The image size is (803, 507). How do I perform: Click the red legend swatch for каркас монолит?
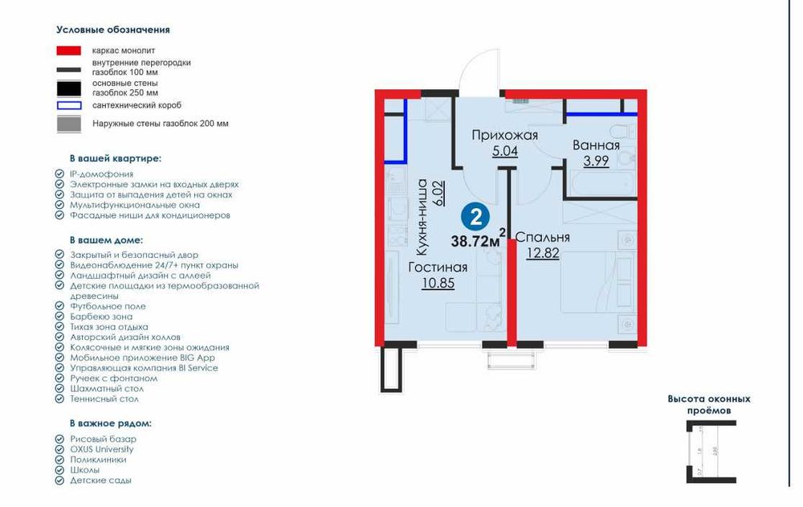tap(68, 50)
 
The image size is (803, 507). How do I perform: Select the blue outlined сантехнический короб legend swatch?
tap(68, 105)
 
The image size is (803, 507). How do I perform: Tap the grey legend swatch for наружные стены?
tap(68, 124)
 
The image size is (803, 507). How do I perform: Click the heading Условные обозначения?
tap(113, 30)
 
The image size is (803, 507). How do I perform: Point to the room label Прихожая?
tap(504, 134)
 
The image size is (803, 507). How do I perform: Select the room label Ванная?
tap(596, 145)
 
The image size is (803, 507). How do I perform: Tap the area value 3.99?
tap(596, 160)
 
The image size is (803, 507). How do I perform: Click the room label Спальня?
tap(542, 237)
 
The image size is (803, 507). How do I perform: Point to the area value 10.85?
tap(438, 283)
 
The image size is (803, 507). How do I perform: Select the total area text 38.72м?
tap(475, 239)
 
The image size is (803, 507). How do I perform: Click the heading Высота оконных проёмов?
tap(709, 404)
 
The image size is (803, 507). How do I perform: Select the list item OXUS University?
tap(101, 449)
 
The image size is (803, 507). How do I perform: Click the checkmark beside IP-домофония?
tap(59, 174)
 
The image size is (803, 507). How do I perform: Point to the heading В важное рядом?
tap(110, 423)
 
